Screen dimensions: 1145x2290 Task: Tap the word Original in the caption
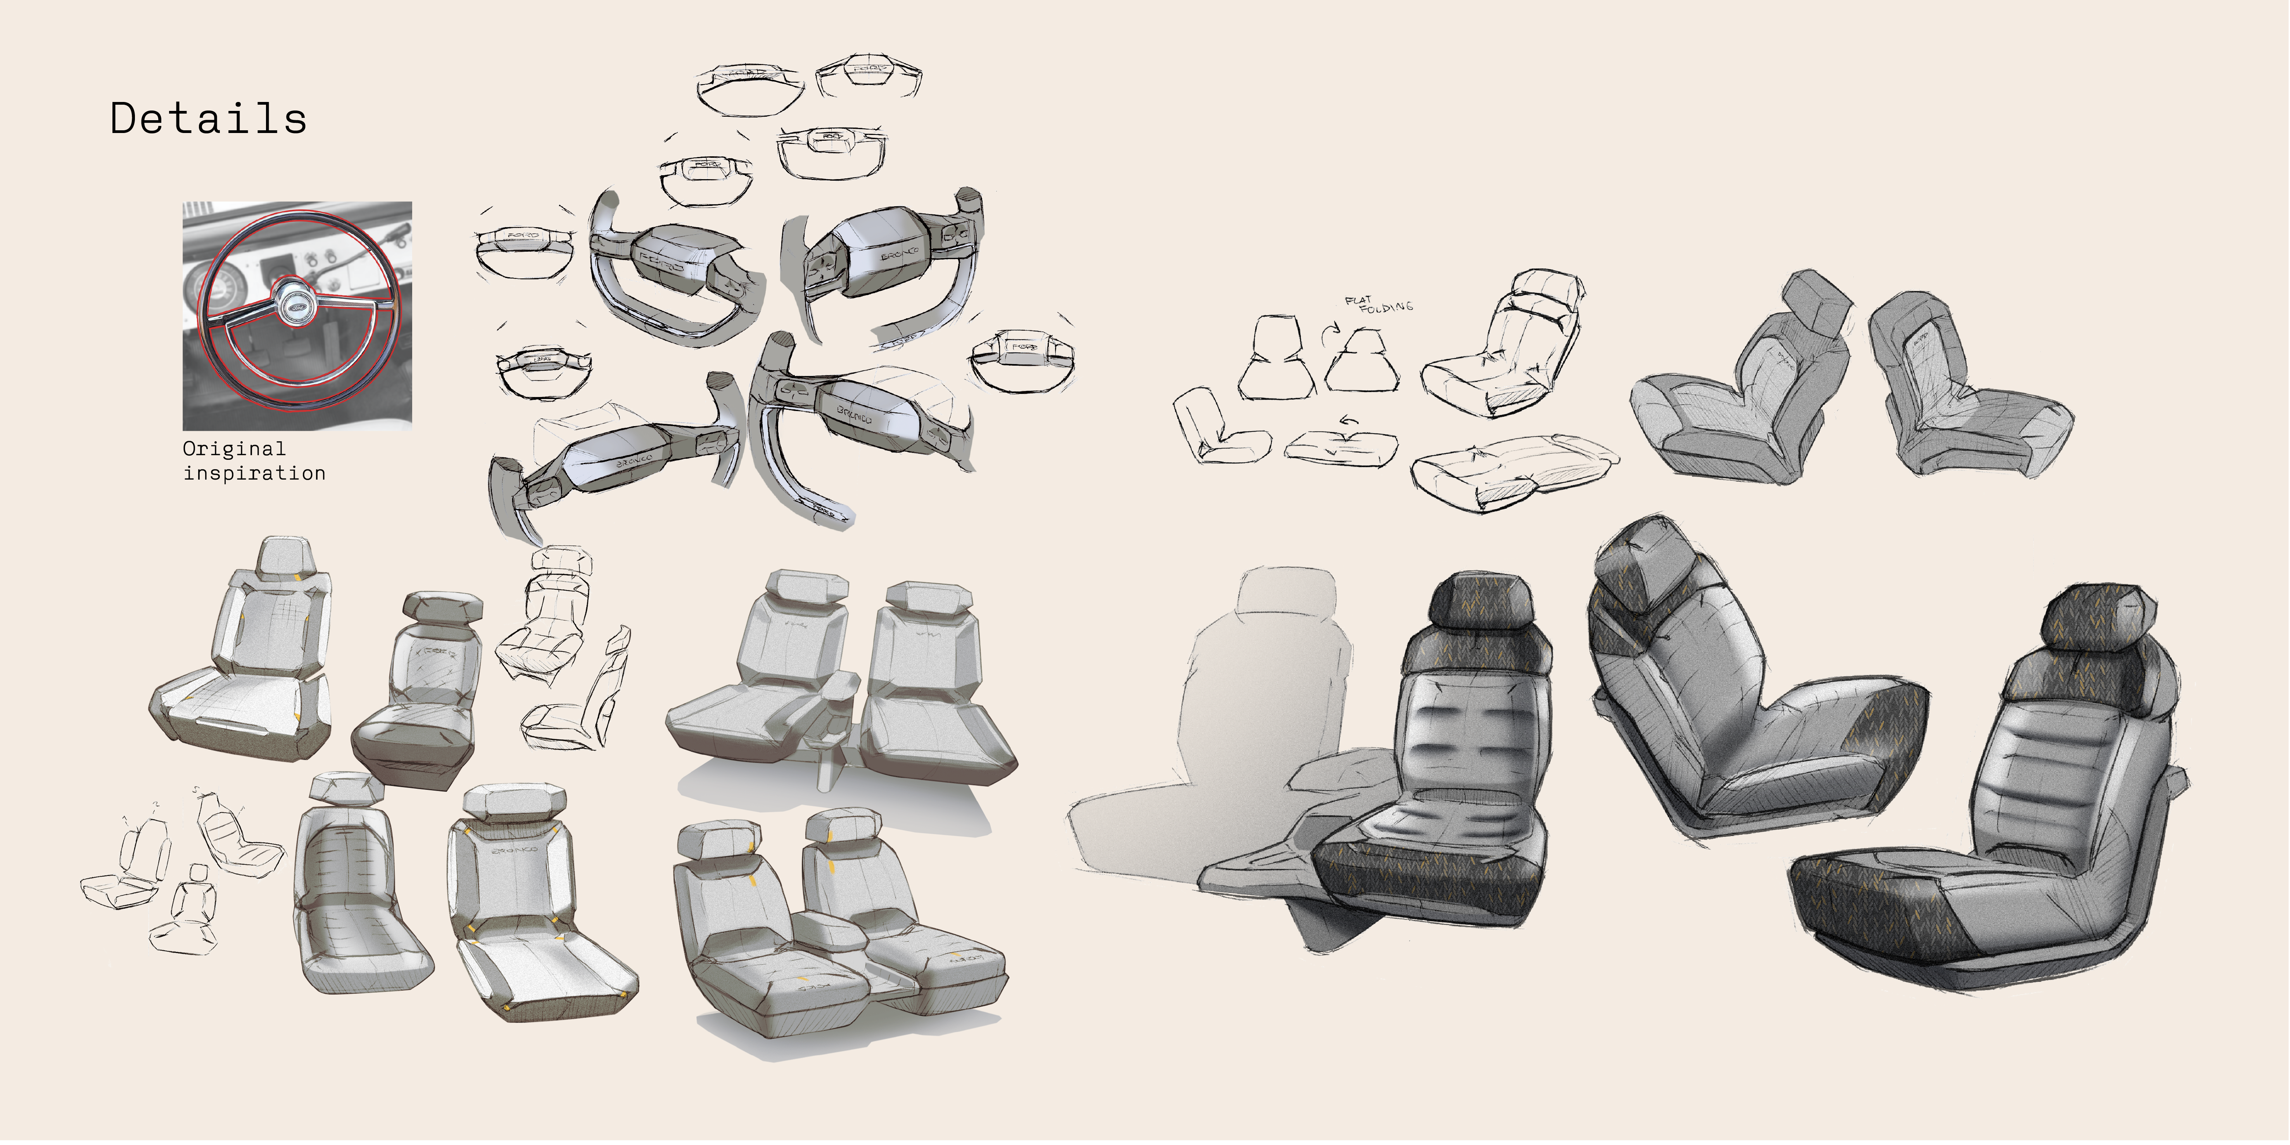(234, 449)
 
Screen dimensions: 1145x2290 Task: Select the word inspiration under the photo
(254, 473)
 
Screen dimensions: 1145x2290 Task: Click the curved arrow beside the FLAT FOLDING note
(1328, 338)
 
